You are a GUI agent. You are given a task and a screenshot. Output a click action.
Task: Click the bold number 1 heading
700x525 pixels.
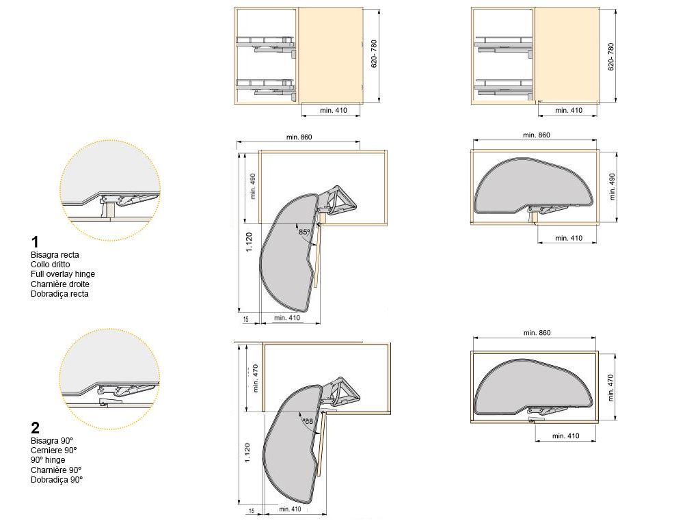coord(35,242)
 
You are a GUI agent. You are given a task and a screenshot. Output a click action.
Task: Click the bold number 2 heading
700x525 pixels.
coord(36,428)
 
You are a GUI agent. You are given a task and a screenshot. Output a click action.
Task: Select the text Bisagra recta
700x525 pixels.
coord(55,255)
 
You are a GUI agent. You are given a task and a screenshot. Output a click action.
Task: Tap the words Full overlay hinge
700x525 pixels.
coord(63,274)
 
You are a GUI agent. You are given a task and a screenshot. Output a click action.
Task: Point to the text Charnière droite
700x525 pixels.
coord(60,284)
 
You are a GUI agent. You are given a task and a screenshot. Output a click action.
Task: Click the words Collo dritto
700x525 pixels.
coord(51,265)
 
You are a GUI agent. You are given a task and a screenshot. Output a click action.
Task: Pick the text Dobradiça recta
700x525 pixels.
coord(60,294)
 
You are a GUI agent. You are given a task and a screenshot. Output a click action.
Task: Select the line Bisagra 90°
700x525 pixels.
coord(52,441)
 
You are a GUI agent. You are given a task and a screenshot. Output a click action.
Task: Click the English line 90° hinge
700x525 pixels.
coord(48,460)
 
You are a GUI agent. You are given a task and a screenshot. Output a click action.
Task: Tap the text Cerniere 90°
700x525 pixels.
coord(53,450)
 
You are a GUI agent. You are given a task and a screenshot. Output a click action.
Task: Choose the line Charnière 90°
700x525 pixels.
coord(56,470)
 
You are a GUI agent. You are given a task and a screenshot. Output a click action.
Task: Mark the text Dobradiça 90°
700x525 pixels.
coord(57,479)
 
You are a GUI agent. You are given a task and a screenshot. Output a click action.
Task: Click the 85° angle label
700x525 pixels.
coord(304,232)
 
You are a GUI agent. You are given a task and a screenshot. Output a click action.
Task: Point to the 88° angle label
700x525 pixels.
coord(308,421)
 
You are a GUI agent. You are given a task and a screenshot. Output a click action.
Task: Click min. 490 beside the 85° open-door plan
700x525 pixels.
coord(253,186)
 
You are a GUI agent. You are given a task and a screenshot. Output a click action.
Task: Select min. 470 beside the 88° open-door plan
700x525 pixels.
coord(256,379)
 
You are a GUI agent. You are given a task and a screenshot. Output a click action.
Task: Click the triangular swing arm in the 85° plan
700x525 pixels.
coord(338,200)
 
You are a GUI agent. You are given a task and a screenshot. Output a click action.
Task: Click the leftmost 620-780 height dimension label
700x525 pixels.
coord(374,54)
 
